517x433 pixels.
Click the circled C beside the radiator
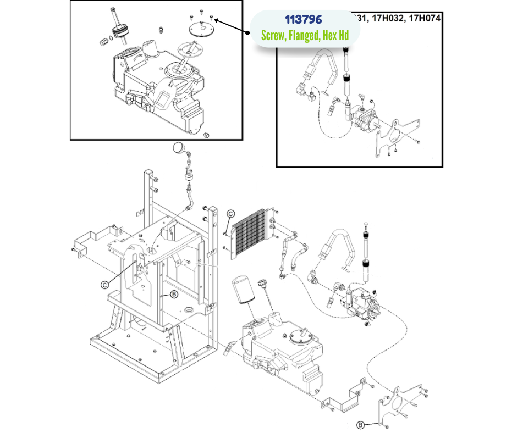[231, 214]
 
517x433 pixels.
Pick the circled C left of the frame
[105, 284]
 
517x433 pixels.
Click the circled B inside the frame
[174, 295]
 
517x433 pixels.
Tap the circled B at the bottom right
[360, 424]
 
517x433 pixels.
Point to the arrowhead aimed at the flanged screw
[217, 20]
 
